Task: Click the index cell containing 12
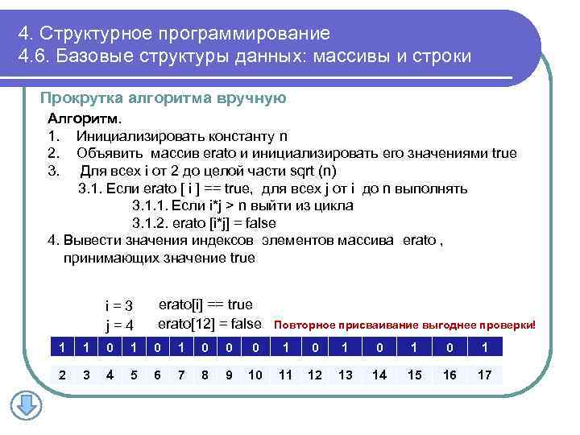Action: coord(315,375)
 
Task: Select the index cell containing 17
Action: coord(484,375)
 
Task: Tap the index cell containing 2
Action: coord(62,375)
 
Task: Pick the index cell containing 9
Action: coord(230,375)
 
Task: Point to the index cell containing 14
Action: coord(380,375)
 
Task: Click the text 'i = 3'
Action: coord(118,306)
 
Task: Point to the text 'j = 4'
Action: coord(118,325)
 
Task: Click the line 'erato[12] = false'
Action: coord(209,324)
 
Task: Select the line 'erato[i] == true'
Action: coord(205,304)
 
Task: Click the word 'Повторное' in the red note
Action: coord(302,326)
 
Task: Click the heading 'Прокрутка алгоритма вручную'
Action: coord(164,98)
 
